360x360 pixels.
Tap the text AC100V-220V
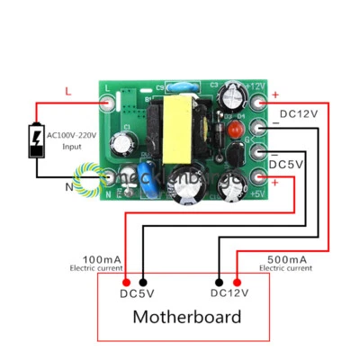tap(73, 134)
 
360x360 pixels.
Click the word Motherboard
tap(186, 316)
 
